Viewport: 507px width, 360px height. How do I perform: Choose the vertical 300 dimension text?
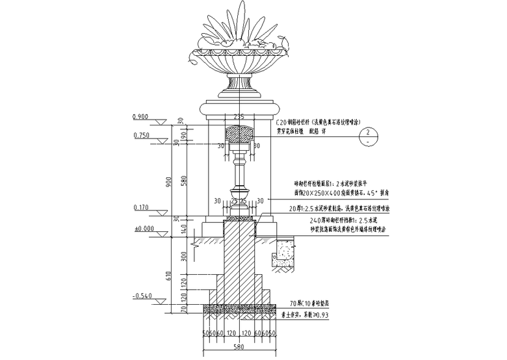[183, 258]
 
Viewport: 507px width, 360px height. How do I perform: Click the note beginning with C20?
[315, 122]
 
